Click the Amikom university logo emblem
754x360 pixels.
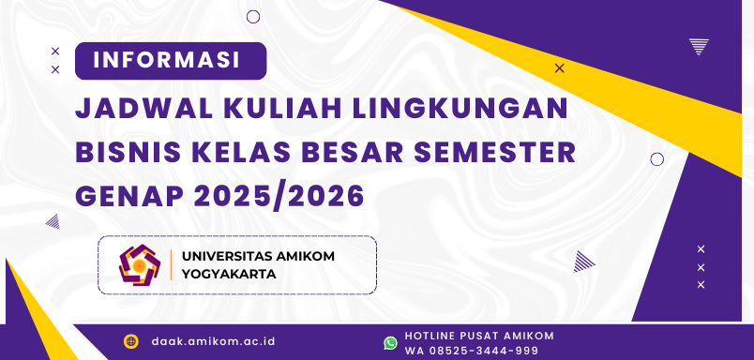[140, 264]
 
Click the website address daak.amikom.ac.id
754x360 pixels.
[213, 341]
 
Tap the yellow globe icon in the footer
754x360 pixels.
[131, 341]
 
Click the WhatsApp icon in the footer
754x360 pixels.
[390, 342]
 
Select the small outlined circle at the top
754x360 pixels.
[253, 16]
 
